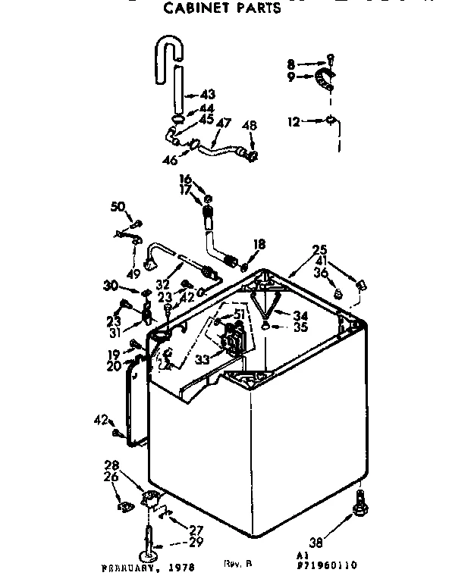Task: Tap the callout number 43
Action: tap(207, 95)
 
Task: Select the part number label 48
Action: tap(250, 125)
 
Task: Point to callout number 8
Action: tap(291, 63)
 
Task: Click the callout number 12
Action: tap(294, 119)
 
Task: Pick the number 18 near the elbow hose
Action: tap(259, 244)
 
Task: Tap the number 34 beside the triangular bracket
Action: tap(302, 314)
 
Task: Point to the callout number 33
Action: tap(203, 361)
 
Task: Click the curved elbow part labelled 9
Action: tap(325, 77)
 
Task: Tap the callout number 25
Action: tap(319, 249)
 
